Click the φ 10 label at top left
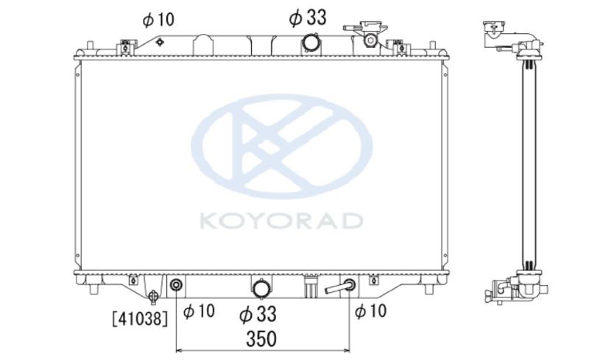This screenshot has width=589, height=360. [x=158, y=20]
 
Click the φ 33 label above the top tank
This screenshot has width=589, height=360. [x=308, y=18]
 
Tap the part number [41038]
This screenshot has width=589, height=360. [x=140, y=319]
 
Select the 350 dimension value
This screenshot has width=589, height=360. [x=261, y=339]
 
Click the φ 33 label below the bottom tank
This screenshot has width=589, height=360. [x=258, y=314]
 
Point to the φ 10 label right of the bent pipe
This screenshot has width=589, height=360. [x=370, y=311]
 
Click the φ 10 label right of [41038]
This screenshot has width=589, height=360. [x=199, y=311]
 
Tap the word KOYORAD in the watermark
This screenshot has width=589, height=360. [x=281, y=221]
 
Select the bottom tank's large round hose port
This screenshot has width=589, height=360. [x=261, y=289]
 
